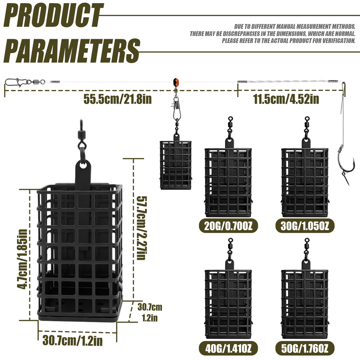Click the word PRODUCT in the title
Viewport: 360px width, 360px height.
(x=53, y=15)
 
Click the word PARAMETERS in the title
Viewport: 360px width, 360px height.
(x=72, y=50)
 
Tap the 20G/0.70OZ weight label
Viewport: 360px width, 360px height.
(x=228, y=226)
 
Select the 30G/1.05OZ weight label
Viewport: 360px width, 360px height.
(x=305, y=226)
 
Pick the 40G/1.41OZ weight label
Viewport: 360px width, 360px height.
(x=228, y=348)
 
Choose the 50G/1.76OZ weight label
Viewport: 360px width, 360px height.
(x=305, y=348)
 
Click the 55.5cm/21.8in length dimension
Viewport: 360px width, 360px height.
(x=117, y=99)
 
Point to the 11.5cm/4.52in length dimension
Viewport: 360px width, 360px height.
(x=286, y=99)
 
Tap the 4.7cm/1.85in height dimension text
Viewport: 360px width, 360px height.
(x=22, y=259)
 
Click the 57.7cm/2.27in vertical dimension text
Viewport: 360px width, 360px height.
(x=141, y=228)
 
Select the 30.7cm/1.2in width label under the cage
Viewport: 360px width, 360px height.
(x=72, y=341)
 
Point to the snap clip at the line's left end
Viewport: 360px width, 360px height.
(x=14, y=82)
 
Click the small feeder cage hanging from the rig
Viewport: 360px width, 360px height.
(x=175, y=165)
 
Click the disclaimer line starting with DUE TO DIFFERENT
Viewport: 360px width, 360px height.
(x=295, y=27)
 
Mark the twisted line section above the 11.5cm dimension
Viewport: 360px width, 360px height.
(x=288, y=81)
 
